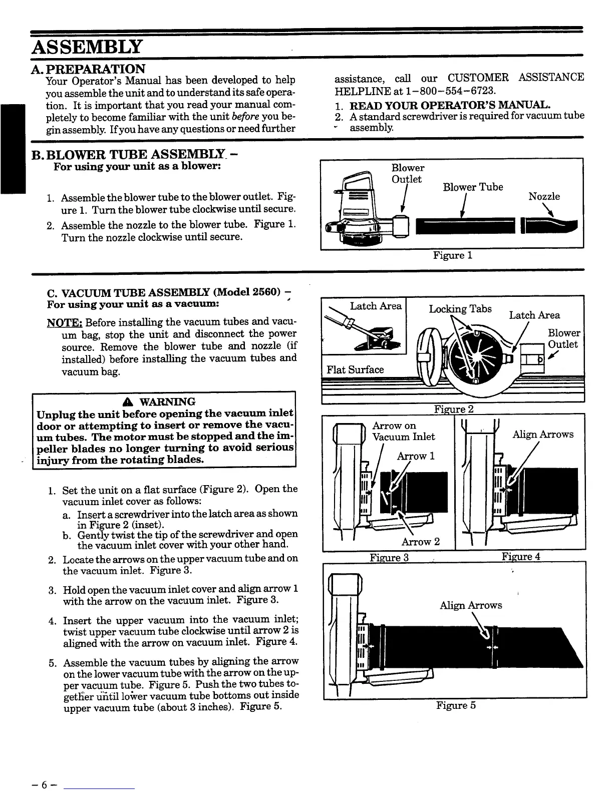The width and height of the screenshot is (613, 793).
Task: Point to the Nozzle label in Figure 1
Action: point(544,196)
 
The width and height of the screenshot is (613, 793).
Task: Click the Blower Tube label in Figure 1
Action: point(473,187)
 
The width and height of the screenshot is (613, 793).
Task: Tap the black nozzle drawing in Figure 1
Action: point(550,227)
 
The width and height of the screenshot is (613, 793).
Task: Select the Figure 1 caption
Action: point(453,255)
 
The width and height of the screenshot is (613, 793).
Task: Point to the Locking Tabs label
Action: point(460,309)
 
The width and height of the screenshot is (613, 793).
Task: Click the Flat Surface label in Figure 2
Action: point(355,369)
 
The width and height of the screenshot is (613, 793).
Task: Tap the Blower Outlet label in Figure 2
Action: point(563,338)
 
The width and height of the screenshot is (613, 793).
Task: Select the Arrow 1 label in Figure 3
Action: point(416,456)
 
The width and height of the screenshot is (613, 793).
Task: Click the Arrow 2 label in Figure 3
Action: point(420,542)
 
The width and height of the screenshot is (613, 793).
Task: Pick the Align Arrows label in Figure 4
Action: point(543,434)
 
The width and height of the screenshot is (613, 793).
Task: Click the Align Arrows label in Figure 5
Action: point(470,605)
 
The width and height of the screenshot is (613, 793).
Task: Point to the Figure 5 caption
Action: point(456,705)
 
